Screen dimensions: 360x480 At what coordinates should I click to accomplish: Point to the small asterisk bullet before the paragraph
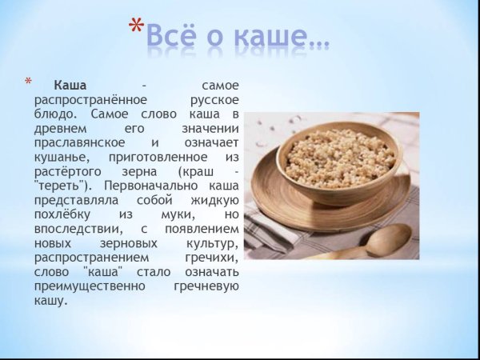coord(30,82)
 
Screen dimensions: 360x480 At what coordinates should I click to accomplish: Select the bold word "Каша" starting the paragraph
coord(70,86)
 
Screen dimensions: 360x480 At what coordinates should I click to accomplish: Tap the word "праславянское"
coord(78,143)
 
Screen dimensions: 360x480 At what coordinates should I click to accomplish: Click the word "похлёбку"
coord(62,215)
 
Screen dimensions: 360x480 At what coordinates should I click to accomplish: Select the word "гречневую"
coord(206,287)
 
